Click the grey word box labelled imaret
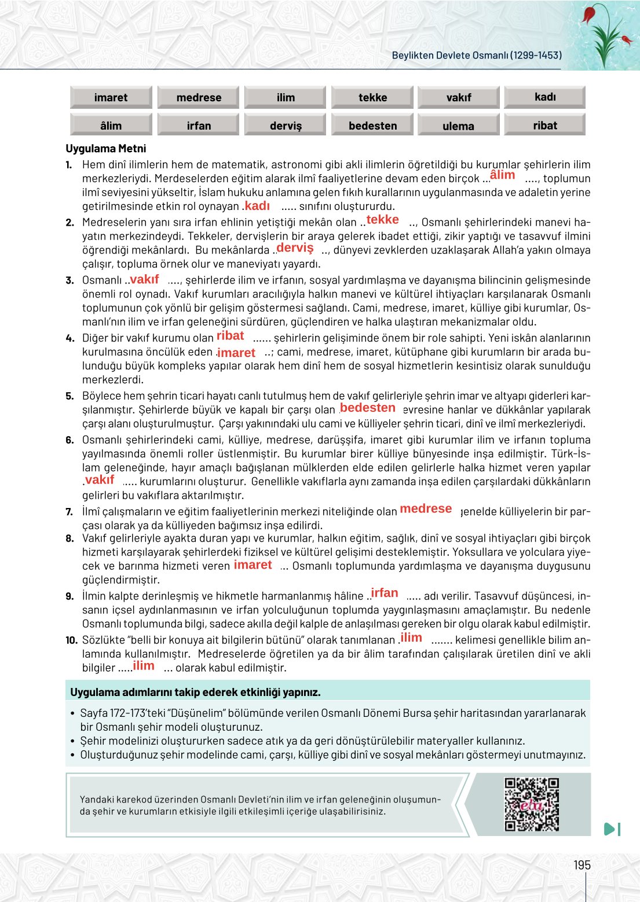(x=111, y=97)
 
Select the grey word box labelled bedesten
(x=372, y=125)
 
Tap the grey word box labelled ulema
(x=458, y=126)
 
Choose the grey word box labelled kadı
(x=544, y=97)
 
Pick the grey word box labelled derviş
(x=286, y=125)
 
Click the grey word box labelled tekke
(x=372, y=97)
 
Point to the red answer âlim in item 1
(x=502, y=175)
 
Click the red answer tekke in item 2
(x=382, y=220)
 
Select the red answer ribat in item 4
(x=230, y=336)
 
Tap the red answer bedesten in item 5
(x=368, y=408)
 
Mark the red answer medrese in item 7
(x=426, y=509)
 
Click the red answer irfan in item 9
(x=385, y=593)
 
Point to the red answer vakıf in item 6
(x=100, y=480)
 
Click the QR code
(x=531, y=804)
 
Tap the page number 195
(x=582, y=865)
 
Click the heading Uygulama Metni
(x=106, y=148)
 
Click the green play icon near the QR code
(x=611, y=829)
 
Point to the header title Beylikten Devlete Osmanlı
(x=476, y=56)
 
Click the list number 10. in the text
(x=71, y=640)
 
